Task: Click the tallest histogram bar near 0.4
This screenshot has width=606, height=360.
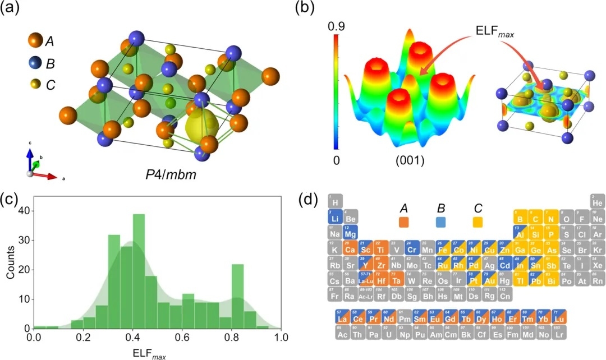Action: (x=139, y=270)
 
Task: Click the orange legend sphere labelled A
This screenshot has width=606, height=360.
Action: (x=35, y=41)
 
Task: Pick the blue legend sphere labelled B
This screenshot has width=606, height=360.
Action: (x=34, y=64)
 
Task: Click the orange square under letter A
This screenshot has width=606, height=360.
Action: (x=403, y=223)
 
